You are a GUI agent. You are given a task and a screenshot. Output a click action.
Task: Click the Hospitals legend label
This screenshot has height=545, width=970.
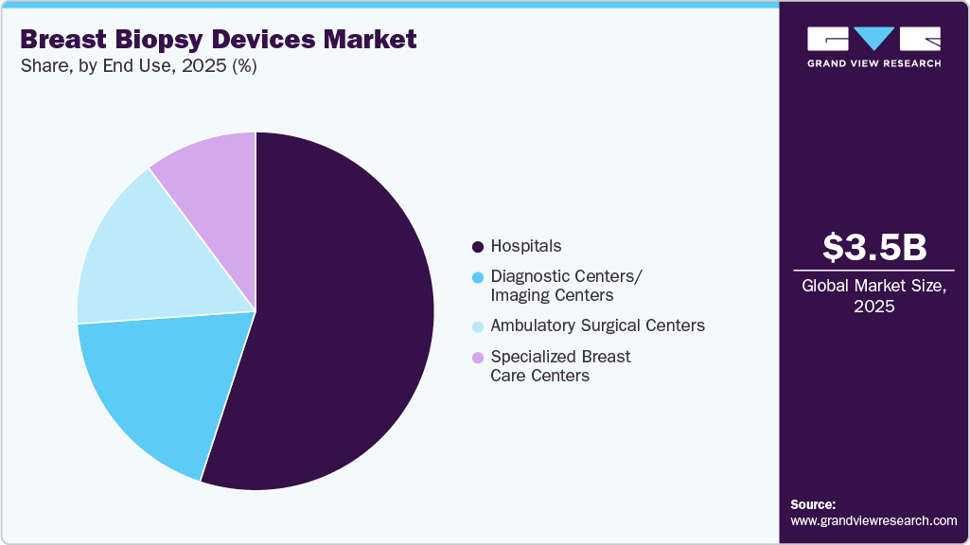525,246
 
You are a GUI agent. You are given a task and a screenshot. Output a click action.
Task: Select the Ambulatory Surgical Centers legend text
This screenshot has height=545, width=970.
597,325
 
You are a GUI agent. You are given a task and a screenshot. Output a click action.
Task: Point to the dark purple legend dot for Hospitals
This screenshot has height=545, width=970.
478,247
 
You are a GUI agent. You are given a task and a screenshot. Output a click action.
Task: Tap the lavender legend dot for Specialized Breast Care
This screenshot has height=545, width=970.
478,358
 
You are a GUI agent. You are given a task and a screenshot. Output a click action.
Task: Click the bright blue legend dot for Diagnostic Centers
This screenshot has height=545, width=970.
478,277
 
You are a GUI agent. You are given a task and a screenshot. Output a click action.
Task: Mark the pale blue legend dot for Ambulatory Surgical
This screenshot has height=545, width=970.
478,326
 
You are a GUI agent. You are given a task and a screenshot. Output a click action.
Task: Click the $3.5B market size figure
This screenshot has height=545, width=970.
873,247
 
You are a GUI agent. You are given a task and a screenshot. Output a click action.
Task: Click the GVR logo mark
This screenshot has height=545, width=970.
873,39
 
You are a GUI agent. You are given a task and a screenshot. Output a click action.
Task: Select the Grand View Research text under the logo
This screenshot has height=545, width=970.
873,63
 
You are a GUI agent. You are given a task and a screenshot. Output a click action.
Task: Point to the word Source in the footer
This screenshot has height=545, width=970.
812,505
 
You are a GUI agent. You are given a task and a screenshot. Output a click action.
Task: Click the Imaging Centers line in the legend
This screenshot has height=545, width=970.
552,296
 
